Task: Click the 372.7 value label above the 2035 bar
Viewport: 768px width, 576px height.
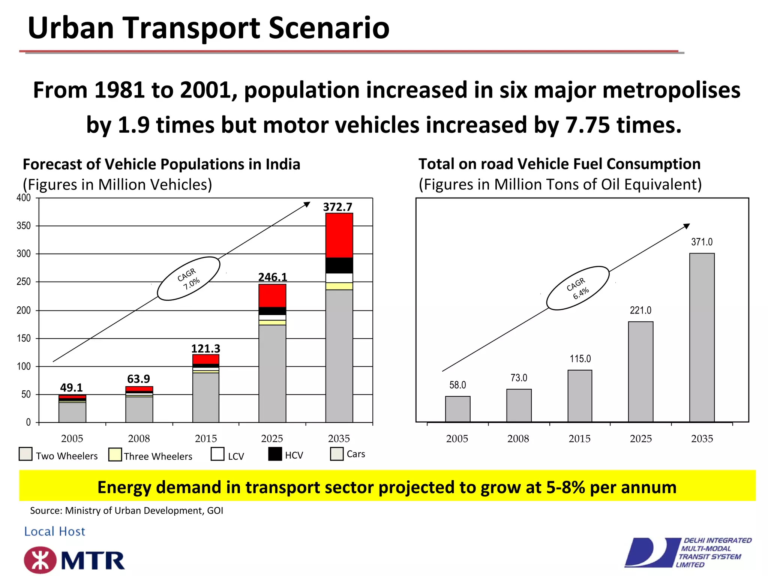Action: coord(337,207)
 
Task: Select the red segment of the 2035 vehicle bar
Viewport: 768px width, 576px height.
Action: coord(339,235)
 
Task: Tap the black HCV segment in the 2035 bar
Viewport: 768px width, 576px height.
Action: coord(339,265)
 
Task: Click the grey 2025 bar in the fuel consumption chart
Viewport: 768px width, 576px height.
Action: coord(640,371)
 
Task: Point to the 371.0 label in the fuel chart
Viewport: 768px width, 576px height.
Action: coord(702,242)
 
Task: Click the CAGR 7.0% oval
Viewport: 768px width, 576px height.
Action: coord(188,279)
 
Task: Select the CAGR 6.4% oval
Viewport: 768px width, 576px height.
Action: coord(577,288)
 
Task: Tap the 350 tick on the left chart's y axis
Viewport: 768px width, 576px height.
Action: coord(24,226)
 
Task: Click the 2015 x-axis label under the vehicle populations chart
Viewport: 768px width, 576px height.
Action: coord(205,438)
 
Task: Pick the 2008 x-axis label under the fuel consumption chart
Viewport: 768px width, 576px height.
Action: coord(518,438)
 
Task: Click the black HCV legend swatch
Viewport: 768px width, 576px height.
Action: coord(275,454)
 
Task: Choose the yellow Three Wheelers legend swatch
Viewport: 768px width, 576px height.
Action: coord(115,454)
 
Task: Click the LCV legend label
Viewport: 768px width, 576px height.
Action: coord(236,456)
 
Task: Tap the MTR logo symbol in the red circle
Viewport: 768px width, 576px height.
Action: coord(40,560)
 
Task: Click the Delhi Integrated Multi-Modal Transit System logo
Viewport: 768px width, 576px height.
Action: coord(688,552)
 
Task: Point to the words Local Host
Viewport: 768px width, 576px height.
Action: coord(55,531)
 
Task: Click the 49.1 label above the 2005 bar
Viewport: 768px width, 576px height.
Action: coord(71,387)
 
